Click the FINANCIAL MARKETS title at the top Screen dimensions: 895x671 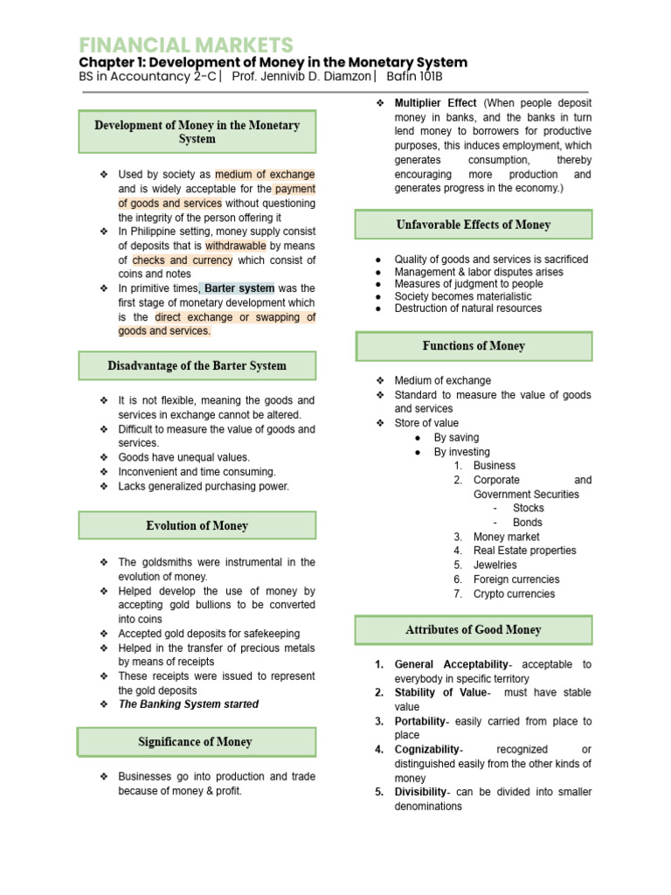pyautogui.click(x=186, y=45)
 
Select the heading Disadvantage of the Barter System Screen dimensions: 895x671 pyautogui.click(x=197, y=365)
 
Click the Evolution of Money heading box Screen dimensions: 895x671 pyautogui.click(x=197, y=525)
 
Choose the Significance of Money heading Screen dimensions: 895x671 pyautogui.click(x=197, y=742)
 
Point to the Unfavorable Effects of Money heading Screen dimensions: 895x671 pyautogui.click(x=473, y=225)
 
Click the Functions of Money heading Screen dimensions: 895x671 pyautogui.click(x=473, y=346)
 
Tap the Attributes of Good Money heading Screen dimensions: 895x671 pyautogui.click(x=473, y=629)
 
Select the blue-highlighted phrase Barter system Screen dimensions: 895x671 pyautogui.click(x=239, y=288)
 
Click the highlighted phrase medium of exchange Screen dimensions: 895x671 pyautogui.click(x=265, y=175)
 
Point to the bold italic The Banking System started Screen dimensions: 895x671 pyautogui.click(x=188, y=704)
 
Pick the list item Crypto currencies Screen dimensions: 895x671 pyautogui.click(x=514, y=593)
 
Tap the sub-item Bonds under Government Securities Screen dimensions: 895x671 pyautogui.click(x=527, y=523)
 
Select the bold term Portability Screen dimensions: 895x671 pyautogui.click(x=419, y=721)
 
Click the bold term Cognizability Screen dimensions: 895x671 pyautogui.click(x=426, y=750)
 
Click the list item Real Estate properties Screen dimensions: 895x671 pyautogui.click(x=524, y=551)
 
